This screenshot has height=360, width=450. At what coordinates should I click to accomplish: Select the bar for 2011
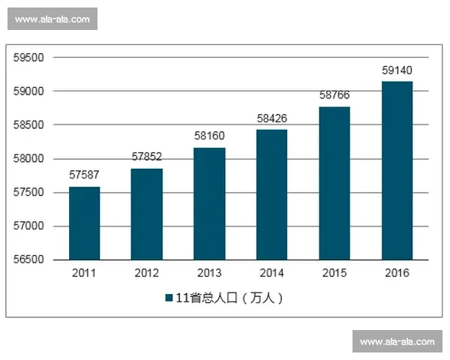click(x=84, y=223)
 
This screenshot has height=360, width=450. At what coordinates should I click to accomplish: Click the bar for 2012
click(x=146, y=214)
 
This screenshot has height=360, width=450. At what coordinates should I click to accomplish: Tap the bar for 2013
click(x=209, y=203)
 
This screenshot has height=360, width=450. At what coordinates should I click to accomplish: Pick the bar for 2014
click(x=271, y=194)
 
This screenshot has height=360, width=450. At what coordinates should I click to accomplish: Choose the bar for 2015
click(x=334, y=183)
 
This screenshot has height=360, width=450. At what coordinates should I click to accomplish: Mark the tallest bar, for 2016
click(x=397, y=170)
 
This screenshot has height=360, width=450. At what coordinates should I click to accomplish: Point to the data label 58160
click(x=209, y=136)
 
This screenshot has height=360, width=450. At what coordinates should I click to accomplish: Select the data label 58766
click(x=334, y=95)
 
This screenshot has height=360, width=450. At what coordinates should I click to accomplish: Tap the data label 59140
click(x=397, y=70)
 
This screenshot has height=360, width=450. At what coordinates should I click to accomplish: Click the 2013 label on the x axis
click(x=209, y=273)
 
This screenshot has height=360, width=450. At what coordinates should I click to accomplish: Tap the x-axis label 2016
click(x=397, y=273)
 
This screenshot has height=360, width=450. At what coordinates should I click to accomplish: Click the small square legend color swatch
click(x=169, y=298)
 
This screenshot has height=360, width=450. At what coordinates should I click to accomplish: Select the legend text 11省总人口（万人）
click(x=229, y=298)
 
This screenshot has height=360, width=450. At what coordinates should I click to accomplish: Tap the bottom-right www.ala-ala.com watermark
click(x=397, y=342)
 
